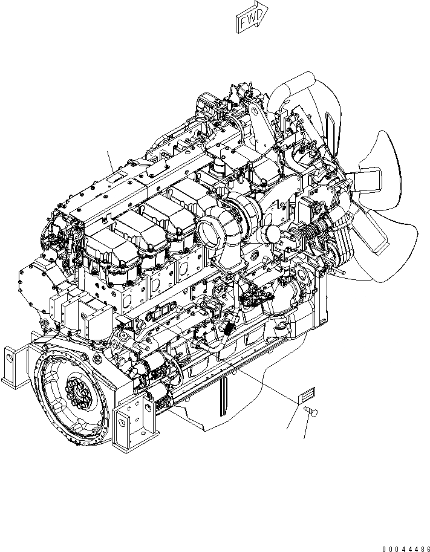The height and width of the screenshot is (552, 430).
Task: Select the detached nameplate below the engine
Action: point(305,396)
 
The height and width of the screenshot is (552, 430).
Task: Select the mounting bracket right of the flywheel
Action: point(134,423)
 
